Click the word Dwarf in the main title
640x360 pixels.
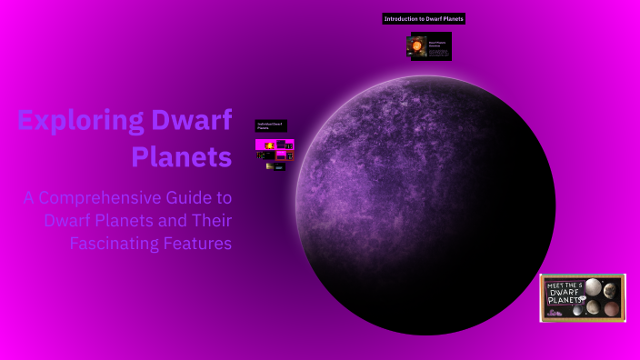203,121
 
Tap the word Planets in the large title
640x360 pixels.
181,156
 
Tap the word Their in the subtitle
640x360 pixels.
211,221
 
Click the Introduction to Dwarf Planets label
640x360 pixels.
424,19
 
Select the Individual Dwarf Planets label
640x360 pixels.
269,126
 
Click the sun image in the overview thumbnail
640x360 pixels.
418,46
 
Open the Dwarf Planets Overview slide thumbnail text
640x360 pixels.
439,47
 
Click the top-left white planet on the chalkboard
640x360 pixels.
592,288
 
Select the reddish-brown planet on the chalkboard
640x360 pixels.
611,309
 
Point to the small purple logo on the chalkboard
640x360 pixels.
551,313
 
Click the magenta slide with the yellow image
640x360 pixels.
268,145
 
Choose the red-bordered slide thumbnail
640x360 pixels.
283,155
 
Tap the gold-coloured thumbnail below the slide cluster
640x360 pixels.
269,167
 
